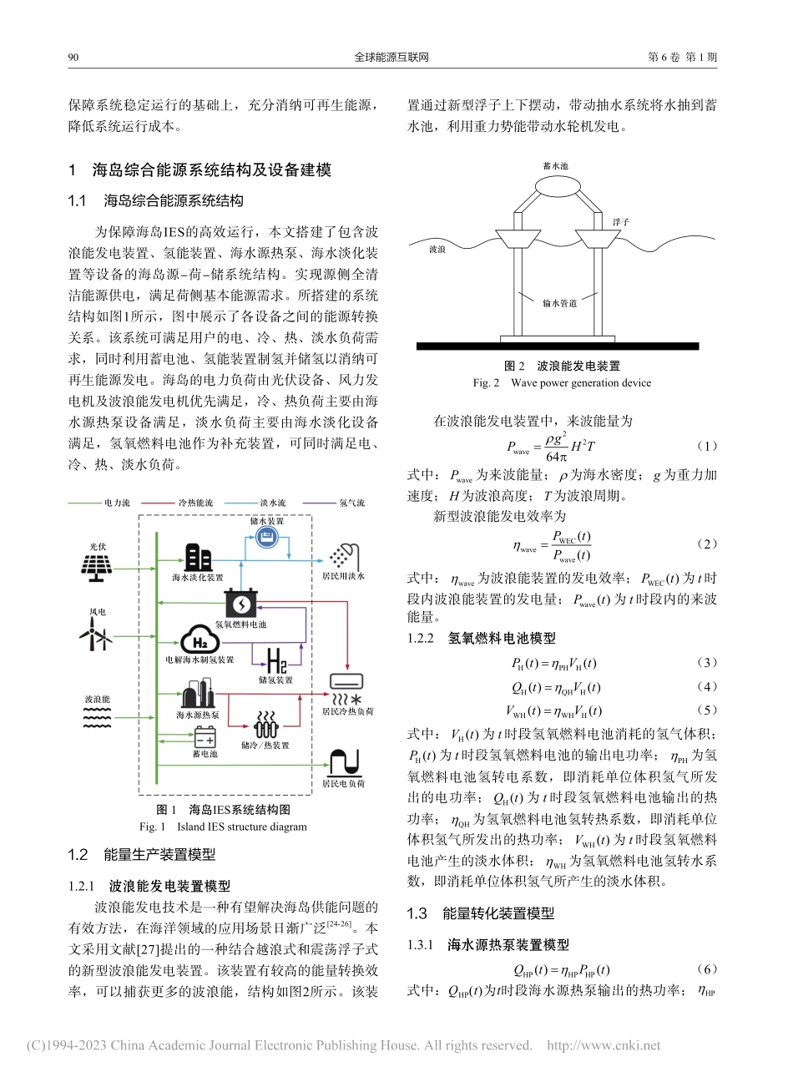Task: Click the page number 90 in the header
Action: point(72,58)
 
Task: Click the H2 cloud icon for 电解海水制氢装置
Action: point(200,641)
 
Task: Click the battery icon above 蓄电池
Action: point(204,738)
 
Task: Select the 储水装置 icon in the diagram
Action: point(266,538)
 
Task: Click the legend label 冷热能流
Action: point(195,503)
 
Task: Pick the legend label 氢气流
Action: point(351,503)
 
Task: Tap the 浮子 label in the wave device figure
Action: point(620,222)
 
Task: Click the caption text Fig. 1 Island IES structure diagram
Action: point(223,827)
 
